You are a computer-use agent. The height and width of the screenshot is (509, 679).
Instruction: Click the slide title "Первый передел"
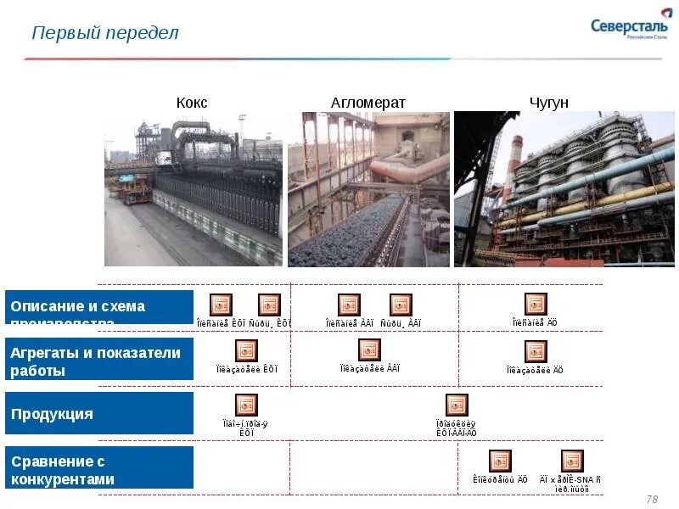tap(105, 33)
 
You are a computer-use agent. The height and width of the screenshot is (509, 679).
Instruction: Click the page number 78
tap(652, 499)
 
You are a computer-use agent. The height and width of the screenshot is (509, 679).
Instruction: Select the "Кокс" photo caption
tap(192, 103)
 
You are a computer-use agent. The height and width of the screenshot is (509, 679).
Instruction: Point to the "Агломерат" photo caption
tap(368, 103)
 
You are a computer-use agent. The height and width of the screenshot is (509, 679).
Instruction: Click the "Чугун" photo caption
tap(548, 103)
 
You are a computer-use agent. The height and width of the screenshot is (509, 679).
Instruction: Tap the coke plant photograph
tap(194, 190)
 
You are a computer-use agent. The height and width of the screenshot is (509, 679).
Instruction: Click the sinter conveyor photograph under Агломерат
tap(368, 190)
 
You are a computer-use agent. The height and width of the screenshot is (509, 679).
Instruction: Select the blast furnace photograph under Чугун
tap(564, 190)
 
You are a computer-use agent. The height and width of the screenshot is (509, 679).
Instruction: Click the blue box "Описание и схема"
tap(100, 307)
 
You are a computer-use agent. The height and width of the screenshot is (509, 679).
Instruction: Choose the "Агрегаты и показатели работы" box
tap(100, 362)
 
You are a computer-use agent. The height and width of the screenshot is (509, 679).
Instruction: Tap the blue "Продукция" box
tap(100, 414)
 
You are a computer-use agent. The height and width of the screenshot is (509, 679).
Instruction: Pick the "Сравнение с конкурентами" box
tap(100, 468)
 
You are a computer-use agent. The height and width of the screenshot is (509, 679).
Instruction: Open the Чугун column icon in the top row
tap(536, 304)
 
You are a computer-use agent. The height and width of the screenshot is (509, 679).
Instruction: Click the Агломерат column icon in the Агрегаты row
tap(369, 350)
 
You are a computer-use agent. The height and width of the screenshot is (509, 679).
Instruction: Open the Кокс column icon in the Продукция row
tap(246, 405)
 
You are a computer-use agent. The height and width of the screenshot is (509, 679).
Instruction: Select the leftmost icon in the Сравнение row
tap(500, 461)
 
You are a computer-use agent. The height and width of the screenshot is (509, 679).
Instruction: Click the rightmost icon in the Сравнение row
tap(572, 461)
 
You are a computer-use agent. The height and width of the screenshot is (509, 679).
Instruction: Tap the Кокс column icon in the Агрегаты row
tap(246, 350)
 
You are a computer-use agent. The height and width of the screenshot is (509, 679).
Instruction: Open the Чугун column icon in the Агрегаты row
tap(536, 351)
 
